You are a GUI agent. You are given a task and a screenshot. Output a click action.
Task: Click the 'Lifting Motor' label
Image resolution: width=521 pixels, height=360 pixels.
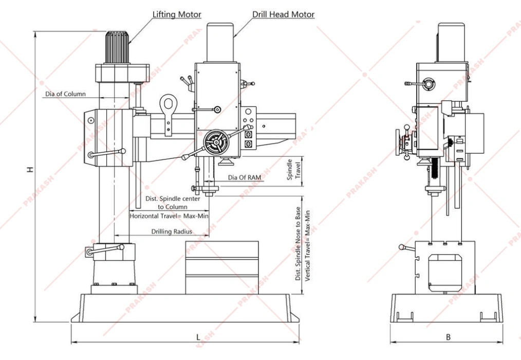[177, 14]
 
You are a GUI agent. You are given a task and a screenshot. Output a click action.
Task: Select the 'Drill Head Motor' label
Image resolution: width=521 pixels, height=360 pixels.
[284, 14]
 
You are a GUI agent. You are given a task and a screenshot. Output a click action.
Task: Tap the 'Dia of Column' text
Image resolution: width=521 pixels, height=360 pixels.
[65, 94]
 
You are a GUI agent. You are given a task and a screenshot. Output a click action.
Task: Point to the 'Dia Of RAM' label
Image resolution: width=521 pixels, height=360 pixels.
[245, 177]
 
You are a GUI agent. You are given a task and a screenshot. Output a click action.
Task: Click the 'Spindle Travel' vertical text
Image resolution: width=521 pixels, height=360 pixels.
[293, 170]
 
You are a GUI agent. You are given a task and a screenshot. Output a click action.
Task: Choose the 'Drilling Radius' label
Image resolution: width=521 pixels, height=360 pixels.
[172, 231]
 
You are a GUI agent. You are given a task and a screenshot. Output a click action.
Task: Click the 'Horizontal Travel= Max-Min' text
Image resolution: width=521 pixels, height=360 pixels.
[169, 216]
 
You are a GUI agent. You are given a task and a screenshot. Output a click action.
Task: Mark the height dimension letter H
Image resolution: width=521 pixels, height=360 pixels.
[30, 170]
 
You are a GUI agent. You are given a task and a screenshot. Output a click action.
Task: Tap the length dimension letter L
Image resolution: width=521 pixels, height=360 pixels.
[198, 337]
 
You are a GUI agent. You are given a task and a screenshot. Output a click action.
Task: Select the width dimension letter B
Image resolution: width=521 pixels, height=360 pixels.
[448, 337]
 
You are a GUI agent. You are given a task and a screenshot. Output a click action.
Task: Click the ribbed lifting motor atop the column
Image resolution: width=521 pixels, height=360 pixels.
[117, 47]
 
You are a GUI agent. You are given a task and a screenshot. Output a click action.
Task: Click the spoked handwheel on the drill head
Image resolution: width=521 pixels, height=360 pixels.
[216, 142]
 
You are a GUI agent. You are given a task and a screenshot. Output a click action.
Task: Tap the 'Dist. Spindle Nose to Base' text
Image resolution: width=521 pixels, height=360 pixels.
[298, 244]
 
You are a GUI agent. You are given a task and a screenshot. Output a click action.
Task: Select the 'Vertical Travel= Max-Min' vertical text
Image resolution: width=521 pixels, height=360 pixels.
[307, 245]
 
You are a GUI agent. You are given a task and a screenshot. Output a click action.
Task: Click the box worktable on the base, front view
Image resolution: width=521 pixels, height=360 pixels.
[222, 267]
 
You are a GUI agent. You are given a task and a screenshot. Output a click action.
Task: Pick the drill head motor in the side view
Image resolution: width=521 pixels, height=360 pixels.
[451, 42]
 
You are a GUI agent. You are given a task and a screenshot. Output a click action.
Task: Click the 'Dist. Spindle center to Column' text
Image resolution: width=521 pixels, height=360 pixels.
[173, 203]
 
